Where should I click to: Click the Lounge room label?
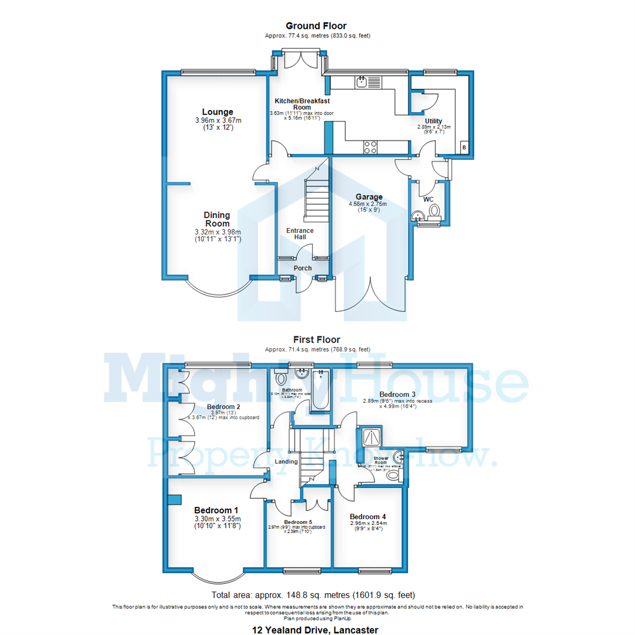(218, 112)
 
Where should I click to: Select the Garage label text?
(369, 197)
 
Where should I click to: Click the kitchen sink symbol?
(362, 81)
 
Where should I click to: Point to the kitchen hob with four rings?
(370, 147)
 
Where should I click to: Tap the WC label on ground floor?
(429, 199)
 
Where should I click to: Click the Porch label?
(303, 268)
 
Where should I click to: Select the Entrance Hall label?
(300, 233)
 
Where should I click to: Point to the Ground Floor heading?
(316, 26)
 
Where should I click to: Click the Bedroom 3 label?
(397, 394)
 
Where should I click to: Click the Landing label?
(286, 462)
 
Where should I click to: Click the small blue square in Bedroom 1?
(175, 499)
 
